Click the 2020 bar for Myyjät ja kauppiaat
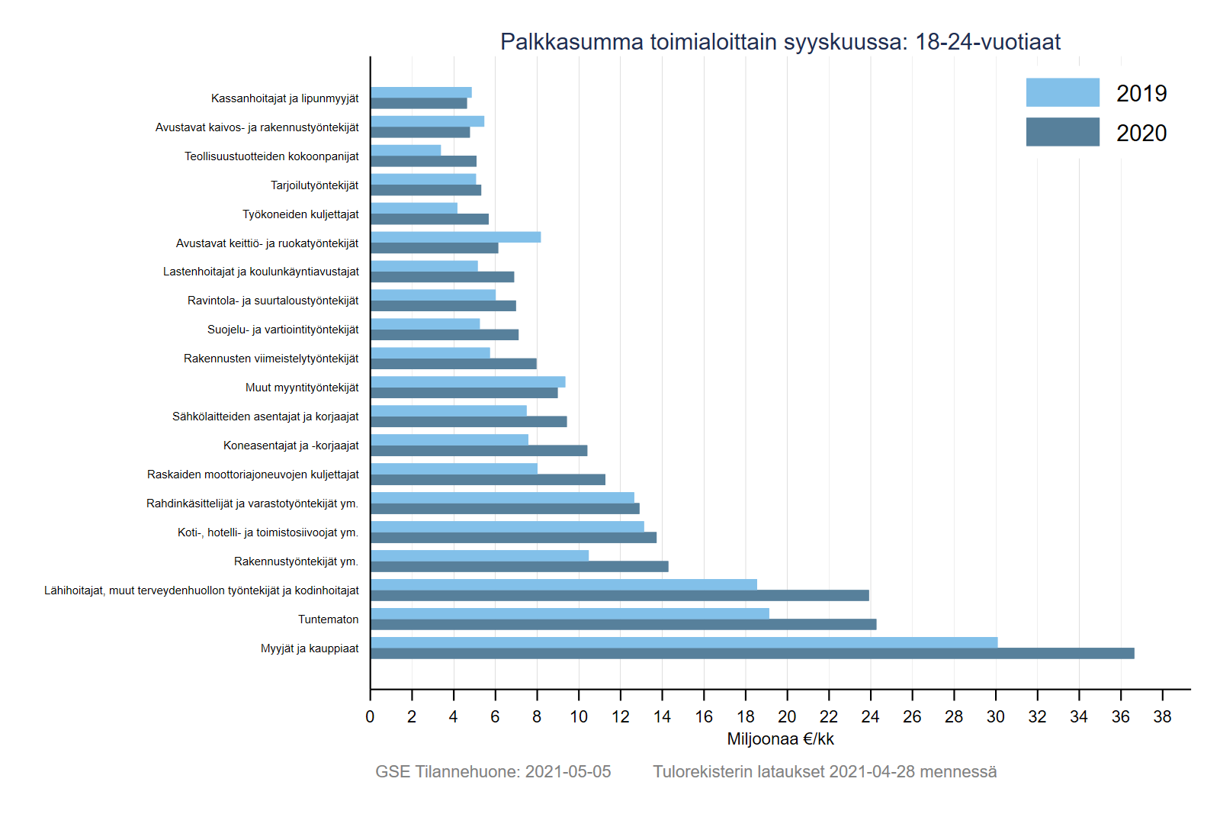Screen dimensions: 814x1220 click(x=752, y=654)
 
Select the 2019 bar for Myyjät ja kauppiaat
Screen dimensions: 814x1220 click(x=684, y=642)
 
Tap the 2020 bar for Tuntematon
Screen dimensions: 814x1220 click(x=623, y=625)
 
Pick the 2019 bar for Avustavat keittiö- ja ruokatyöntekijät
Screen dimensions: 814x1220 click(x=455, y=237)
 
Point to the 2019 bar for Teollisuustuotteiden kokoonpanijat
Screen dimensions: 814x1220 click(x=406, y=150)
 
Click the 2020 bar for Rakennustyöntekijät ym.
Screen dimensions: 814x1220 click(x=519, y=567)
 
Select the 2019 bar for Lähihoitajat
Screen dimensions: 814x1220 click(x=563, y=584)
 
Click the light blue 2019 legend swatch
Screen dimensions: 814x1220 click(x=1062, y=92)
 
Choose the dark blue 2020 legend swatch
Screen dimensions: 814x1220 click(x=1062, y=132)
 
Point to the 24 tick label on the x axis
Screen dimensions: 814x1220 click(x=870, y=717)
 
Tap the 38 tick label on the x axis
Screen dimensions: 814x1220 click(x=1162, y=717)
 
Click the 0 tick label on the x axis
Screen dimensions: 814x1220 click(x=370, y=717)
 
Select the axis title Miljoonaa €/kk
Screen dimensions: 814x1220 click(x=780, y=739)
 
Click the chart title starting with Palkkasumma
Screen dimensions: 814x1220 click(x=780, y=42)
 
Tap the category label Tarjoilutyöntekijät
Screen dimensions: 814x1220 click(x=314, y=185)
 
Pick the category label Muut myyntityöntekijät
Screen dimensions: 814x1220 click(x=302, y=388)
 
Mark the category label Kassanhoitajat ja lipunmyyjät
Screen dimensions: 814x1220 click(x=284, y=98)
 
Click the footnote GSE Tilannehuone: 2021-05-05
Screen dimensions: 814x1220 click(x=493, y=772)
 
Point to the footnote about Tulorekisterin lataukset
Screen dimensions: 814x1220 click(x=824, y=772)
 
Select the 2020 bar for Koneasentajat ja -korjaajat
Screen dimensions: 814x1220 click(x=479, y=451)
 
